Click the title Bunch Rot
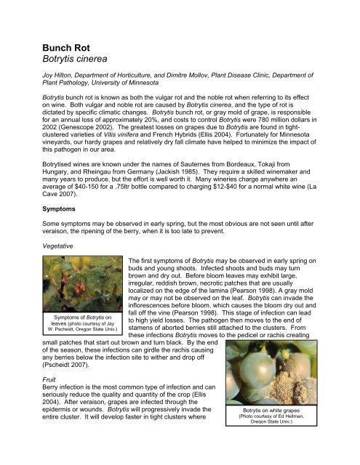68,50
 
